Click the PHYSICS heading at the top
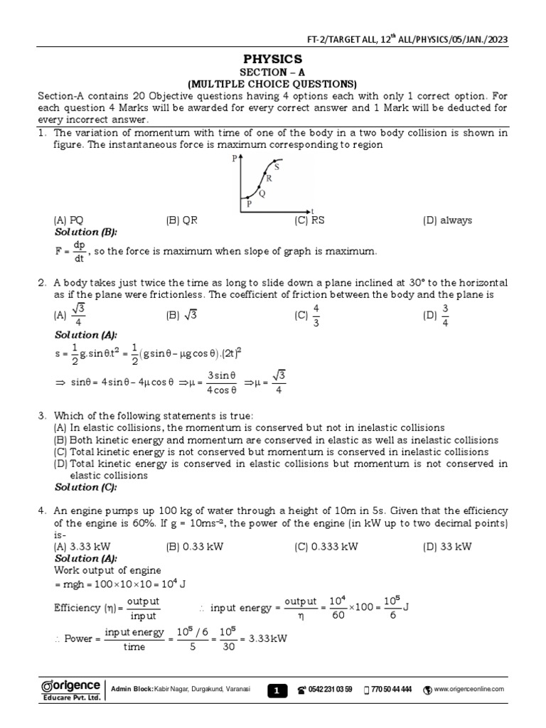click(273, 58)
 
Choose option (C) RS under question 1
click(309, 220)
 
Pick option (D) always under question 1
click(447, 220)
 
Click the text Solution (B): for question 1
click(86, 232)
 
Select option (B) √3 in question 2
click(182, 315)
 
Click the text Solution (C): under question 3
click(86, 487)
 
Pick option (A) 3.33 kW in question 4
click(79, 547)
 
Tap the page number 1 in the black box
click(277, 690)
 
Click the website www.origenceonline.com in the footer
click(469, 690)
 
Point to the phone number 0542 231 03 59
click(330, 690)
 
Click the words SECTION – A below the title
click(273, 72)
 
